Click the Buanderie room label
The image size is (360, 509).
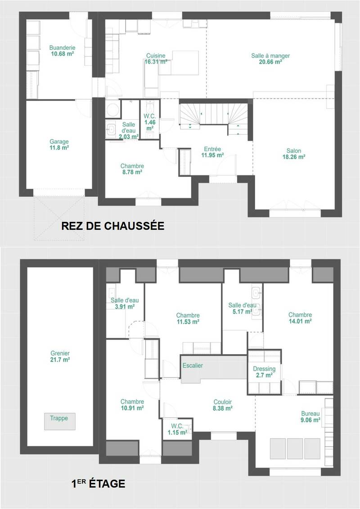(63, 48)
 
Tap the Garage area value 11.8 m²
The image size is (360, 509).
(59, 148)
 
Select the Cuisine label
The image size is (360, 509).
(156, 56)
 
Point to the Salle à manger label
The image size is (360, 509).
(270, 56)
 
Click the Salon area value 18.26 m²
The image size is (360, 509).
(294, 157)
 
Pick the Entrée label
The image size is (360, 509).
(212, 149)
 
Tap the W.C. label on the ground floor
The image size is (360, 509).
(150, 116)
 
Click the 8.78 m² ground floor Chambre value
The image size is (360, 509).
(132, 172)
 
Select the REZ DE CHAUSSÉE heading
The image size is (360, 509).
(112, 226)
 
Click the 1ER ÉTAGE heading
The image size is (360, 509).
(98, 484)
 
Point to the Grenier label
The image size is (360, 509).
(60, 353)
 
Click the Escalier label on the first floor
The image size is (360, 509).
(193, 365)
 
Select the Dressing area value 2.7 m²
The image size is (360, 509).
(264, 375)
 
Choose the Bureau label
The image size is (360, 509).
(310, 414)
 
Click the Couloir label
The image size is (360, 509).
(223, 402)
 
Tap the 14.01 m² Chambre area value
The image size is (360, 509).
(300, 321)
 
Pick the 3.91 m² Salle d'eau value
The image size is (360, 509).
(125, 307)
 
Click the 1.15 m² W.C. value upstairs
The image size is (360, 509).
(177, 432)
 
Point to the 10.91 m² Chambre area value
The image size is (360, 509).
(132, 408)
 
